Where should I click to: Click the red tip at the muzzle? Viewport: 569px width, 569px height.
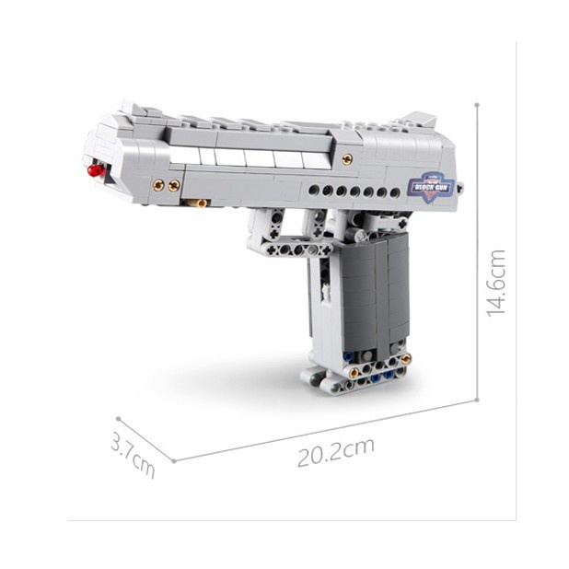[x=96, y=169]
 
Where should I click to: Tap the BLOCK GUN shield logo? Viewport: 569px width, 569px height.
[x=431, y=187]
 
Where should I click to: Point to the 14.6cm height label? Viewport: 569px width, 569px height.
[x=496, y=283]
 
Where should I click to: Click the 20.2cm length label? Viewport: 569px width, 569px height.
[x=336, y=452]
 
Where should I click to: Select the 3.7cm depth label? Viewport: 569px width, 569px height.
[x=134, y=454]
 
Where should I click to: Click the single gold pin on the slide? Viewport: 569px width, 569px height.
[x=347, y=158]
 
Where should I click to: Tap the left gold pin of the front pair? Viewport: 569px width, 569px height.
[x=158, y=185]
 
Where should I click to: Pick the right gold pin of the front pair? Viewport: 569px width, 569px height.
[x=174, y=186]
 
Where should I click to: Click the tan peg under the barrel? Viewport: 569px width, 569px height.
[x=199, y=203]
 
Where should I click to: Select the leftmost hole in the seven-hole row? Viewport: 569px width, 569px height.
[x=314, y=190]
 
